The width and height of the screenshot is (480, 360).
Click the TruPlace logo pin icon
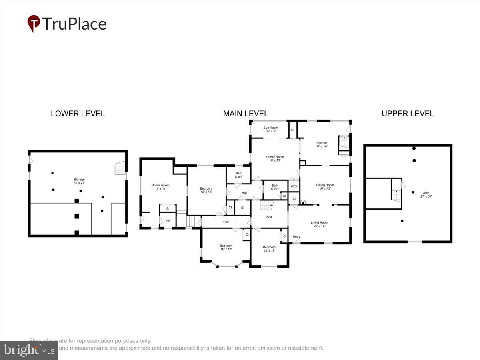click(34, 23)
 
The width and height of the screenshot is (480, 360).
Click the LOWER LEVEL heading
click(78, 114)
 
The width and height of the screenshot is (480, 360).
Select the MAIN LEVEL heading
click(245, 114)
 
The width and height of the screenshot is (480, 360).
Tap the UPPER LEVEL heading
click(407, 114)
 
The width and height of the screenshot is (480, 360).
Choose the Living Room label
click(320, 224)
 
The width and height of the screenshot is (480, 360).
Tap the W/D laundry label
click(294, 186)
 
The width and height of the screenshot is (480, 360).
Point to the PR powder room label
click(168, 220)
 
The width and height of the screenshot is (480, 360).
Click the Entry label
click(296, 237)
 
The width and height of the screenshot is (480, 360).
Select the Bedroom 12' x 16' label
click(206, 190)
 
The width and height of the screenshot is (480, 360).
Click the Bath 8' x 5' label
click(239, 175)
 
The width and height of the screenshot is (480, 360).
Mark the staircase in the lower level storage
click(120, 168)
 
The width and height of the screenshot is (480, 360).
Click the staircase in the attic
click(396, 196)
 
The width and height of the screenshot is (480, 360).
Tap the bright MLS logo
click(29, 350)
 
